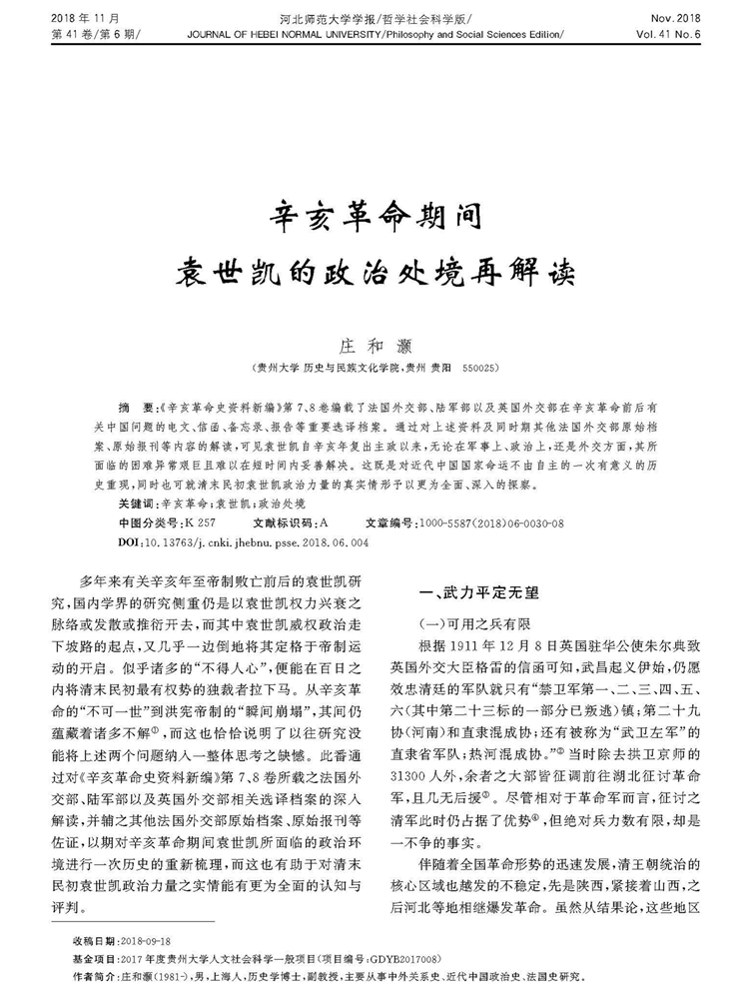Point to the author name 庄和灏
click(374, 345)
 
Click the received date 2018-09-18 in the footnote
click(148, 941)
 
